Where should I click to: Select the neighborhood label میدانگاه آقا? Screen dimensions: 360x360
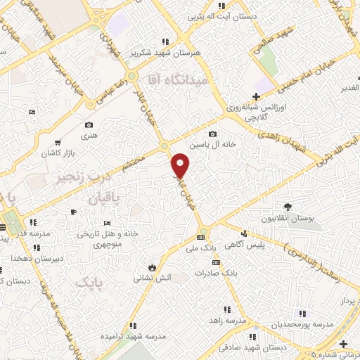click(176, 81)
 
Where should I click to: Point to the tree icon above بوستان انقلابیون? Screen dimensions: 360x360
click(288, 206)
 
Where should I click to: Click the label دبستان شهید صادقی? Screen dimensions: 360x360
click(249, 347)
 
